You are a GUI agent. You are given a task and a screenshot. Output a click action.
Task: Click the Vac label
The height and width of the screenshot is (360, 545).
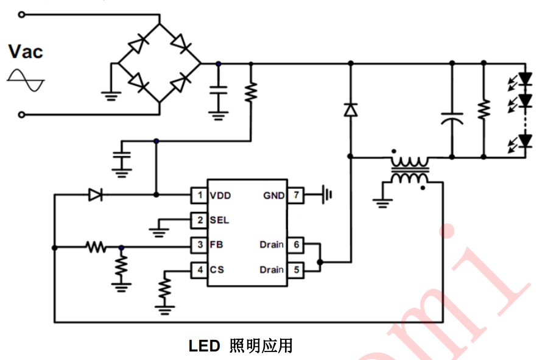[26, 52]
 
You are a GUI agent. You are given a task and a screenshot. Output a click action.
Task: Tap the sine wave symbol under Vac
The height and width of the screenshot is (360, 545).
[26, 80]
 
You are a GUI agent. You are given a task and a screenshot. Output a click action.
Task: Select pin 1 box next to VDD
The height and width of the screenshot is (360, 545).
[199, 196]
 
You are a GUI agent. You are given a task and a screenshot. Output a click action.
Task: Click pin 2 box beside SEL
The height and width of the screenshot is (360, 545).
[199, 220]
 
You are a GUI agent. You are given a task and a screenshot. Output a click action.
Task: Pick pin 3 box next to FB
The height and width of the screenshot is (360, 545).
[199, 245]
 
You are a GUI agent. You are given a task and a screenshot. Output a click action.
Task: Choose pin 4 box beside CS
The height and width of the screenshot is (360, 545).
[199, 269]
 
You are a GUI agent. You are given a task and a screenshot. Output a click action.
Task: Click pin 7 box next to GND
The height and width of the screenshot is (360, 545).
[295, 196]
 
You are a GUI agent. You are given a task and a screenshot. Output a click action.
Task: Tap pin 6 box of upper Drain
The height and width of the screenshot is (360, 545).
[295, 245]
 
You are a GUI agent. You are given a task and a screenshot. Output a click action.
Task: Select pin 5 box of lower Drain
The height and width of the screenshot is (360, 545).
[295, 269]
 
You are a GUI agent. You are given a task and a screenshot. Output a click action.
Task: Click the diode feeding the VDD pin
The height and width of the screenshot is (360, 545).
[95, 195]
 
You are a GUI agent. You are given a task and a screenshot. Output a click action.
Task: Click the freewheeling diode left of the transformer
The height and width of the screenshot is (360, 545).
[350, 110]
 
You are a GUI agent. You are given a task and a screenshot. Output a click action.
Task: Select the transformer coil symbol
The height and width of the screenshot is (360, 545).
[409, 171]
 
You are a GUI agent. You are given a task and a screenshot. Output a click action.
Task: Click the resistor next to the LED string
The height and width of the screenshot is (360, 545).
[483, 110]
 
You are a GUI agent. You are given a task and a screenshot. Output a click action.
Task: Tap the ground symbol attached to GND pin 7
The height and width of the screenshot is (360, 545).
[328, 196]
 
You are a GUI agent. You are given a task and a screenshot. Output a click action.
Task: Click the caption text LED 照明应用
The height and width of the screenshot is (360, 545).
[241, 346]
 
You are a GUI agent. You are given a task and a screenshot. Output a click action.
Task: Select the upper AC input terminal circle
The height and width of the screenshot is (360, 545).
[22, 13]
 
